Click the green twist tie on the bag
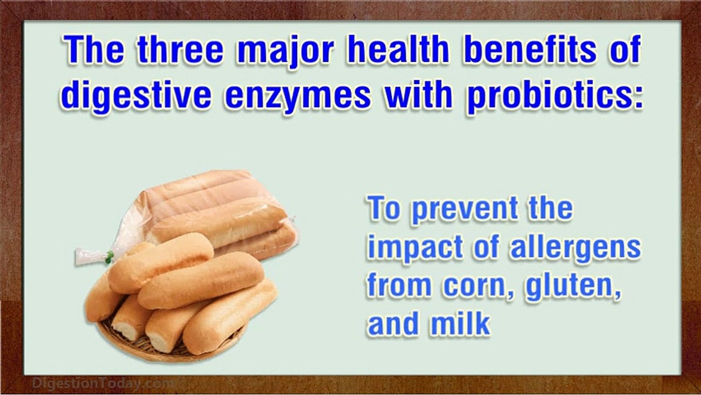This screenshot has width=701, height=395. click(x=109, y=255)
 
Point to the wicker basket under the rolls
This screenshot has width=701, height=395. click(x=165, y=346)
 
